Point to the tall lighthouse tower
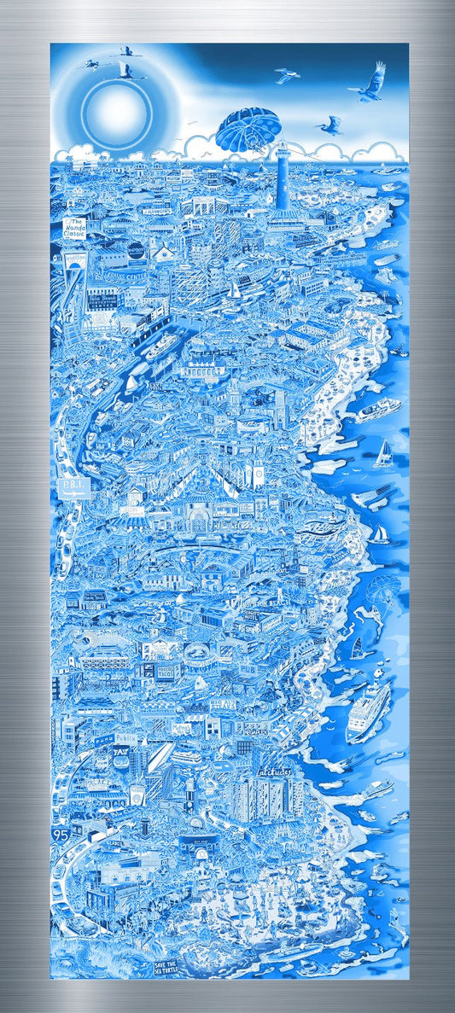point(282,175)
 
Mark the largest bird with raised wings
point(372,81)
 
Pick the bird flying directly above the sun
point(125,55)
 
